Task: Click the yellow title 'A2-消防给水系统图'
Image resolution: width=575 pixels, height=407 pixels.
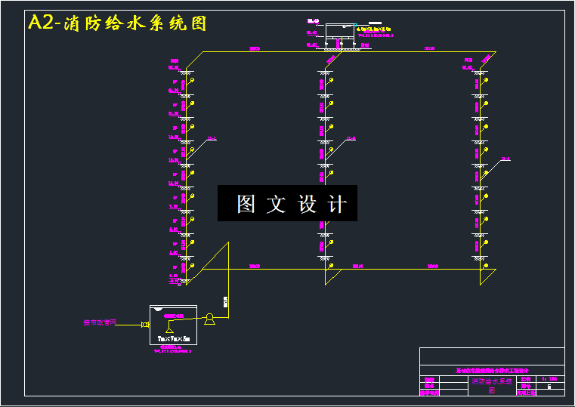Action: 117,23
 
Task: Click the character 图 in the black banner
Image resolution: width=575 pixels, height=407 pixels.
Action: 246,204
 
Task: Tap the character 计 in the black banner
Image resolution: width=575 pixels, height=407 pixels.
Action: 337,204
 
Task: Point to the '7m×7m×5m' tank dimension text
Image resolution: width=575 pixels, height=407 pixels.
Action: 172,338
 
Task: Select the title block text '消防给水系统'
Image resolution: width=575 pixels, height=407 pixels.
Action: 492,382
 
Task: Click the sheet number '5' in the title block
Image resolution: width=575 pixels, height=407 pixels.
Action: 549,386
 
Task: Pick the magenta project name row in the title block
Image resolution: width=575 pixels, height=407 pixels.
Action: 492,371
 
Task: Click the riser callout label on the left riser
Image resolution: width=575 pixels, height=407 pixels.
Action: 212,138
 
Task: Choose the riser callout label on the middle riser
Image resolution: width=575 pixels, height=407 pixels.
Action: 351,138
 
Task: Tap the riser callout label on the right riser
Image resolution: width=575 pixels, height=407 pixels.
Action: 505,159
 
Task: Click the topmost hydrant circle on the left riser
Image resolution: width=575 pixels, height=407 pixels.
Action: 191,80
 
